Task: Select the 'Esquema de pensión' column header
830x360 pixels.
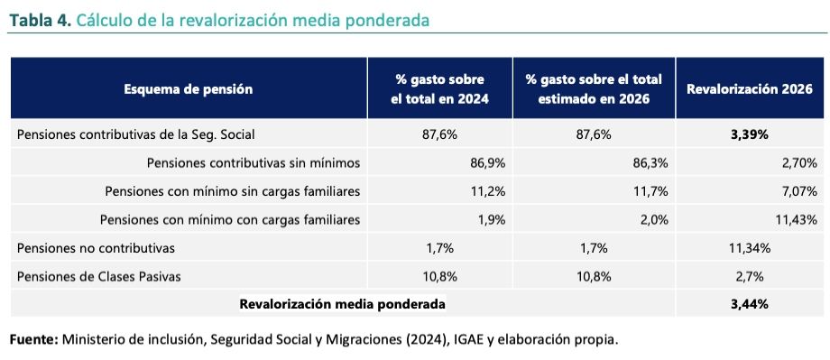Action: click(x=189, y=89)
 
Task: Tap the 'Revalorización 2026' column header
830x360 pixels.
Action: click(x=750, y=89)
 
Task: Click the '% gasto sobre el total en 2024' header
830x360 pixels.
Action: click(x=439, y=89)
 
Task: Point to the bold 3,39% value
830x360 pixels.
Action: click(x=750, y=134)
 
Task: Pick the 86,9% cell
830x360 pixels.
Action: click(x=488, y=163)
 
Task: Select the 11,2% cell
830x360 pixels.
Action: click(x=488, y=191)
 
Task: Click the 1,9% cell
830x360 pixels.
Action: click(x=493, y=219)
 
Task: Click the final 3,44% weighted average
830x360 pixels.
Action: click(x=750, y=304)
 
